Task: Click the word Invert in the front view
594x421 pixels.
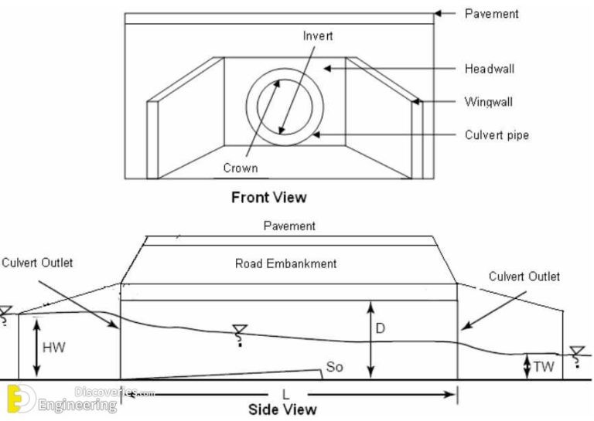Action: click(317, 36)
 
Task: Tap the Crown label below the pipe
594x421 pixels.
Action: click(240, 168)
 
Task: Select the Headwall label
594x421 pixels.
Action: click(490, 69)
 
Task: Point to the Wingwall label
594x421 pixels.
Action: click(488, 101)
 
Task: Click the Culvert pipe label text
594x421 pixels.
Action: click(497, 135)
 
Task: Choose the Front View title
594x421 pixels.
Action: click(268, 197)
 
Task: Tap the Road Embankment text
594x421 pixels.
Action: click(285, 263)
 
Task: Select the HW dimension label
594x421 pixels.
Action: click(53, 348)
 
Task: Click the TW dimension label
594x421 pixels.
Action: click(544, 367)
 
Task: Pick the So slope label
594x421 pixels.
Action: click(334, 367)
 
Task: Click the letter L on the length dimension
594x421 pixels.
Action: click(285, 395)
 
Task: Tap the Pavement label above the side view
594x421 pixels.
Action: click(289, 226)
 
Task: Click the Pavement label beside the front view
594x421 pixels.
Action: click(491, 13)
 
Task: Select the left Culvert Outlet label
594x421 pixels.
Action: click(37, 263)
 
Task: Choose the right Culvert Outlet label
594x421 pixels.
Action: click(524, 276)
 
